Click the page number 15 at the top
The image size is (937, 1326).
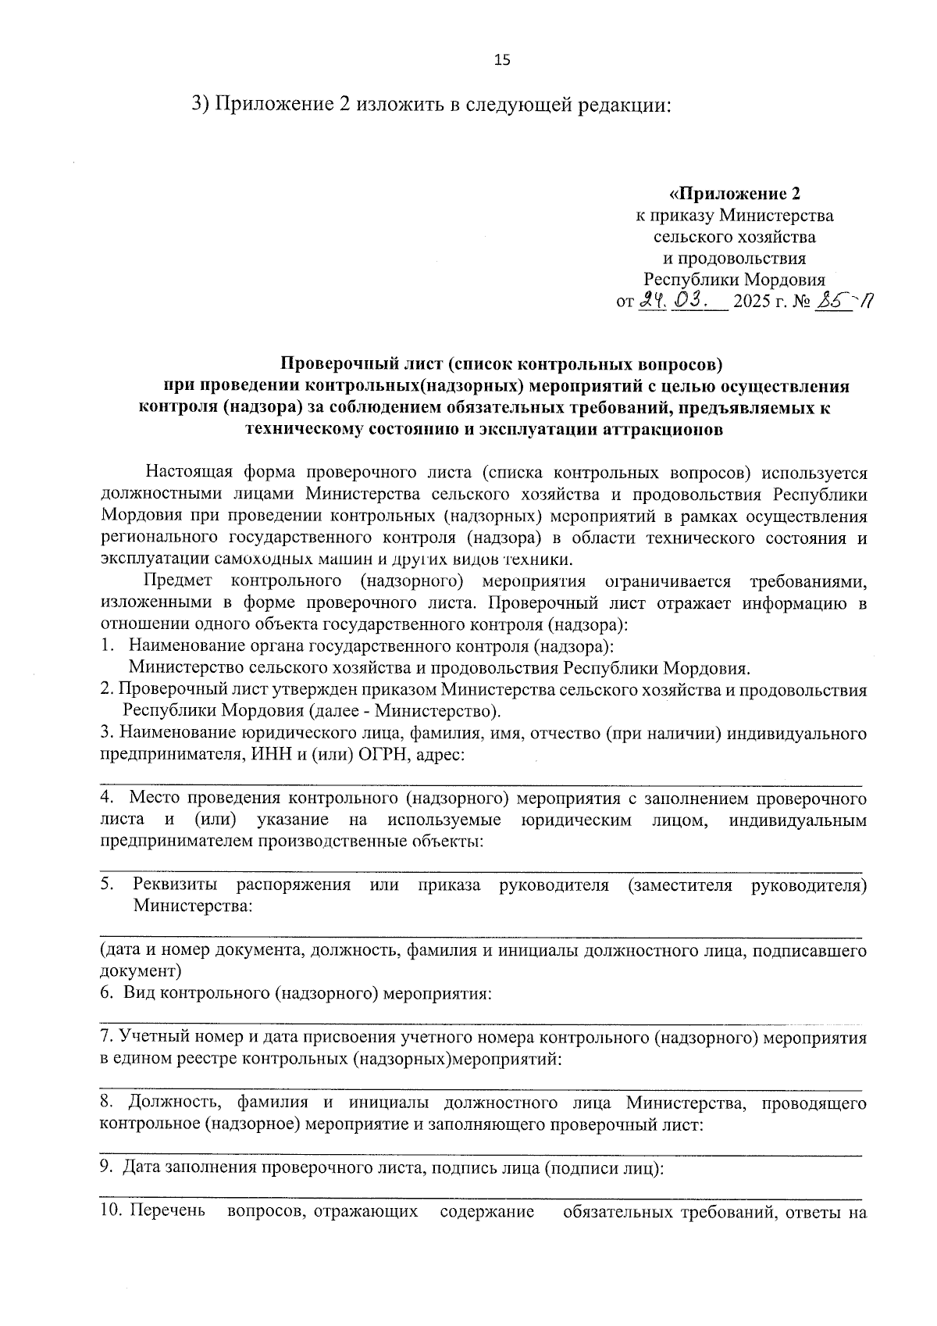(x=502, y=60)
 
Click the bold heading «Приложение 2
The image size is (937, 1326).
(x=735, y=193)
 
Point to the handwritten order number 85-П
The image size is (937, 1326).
(x=842, y=300)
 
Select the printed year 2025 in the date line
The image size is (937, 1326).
(x=753, y=302)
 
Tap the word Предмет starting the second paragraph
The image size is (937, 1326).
(x=177, y=581)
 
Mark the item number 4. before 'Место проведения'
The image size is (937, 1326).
(x=108, y=799)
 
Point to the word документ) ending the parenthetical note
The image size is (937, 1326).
(x=141, y=971)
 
